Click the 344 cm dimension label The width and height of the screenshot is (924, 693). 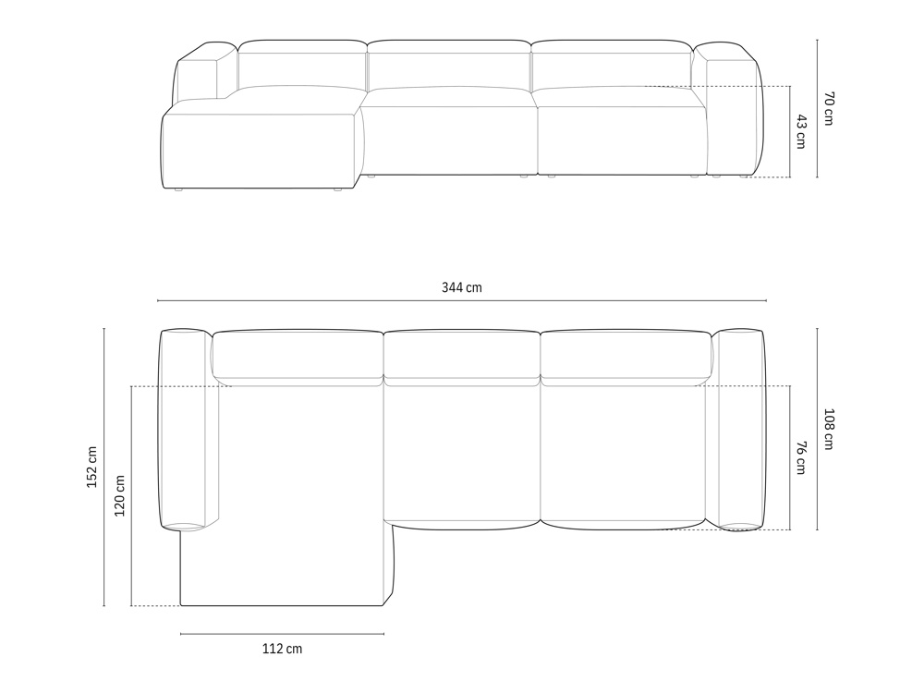(x=461, y=287)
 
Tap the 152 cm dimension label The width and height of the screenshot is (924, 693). (x=91, y=467)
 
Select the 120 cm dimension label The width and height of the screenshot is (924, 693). (x=119, y=495)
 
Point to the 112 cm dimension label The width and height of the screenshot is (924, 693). (x=282, y=649)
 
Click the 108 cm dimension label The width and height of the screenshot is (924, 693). (x=828, y=429)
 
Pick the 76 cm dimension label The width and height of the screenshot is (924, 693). (x=800, y=457)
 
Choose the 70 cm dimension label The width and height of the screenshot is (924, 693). (x=828, y=108)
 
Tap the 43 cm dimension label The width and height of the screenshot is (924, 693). (x=800, y=131)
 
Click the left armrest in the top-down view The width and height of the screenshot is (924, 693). (x=184, y=429)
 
